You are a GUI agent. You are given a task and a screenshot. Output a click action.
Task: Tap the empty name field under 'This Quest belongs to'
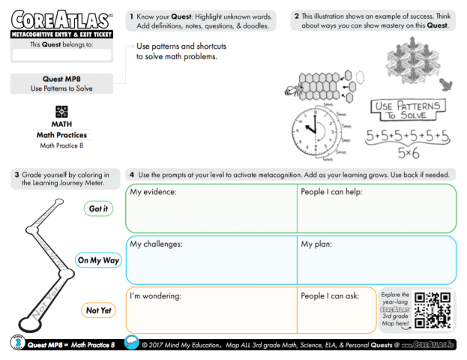pyautogui.click(x=61, y=55)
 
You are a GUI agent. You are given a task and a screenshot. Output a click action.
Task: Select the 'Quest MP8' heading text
pyautogui.click(x=61, y=78)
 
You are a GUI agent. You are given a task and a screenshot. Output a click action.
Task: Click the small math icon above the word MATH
pyautogui.click(x=61, y=111)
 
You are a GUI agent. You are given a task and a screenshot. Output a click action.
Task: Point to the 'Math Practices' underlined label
pyautogui.click(x=61, y=135)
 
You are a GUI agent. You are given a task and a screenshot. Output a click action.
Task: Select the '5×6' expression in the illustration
pyautogui.click(x=408, y=154)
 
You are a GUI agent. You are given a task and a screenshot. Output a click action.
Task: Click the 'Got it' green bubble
pyautogui.click(x=98, y=208)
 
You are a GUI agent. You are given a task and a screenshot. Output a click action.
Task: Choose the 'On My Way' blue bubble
pyautogui.click(x=98, y=260)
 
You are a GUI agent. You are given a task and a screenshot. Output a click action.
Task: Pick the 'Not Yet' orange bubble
pyautogui.click(x=98, y=310)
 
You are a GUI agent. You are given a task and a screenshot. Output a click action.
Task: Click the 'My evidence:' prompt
pyautogui.click(x=153, y=192)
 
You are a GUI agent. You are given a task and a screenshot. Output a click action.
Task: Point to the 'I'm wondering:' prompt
pyautogui.click(x=156, y=296)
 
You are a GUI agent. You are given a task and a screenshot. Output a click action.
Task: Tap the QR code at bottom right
pyautogui.click(x=433, y=309)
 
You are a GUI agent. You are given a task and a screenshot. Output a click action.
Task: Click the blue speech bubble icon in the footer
pyautogui.click(x=132, y=343)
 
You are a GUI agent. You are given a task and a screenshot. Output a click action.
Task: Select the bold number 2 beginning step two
pyautogui.click(x=297, y=15)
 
